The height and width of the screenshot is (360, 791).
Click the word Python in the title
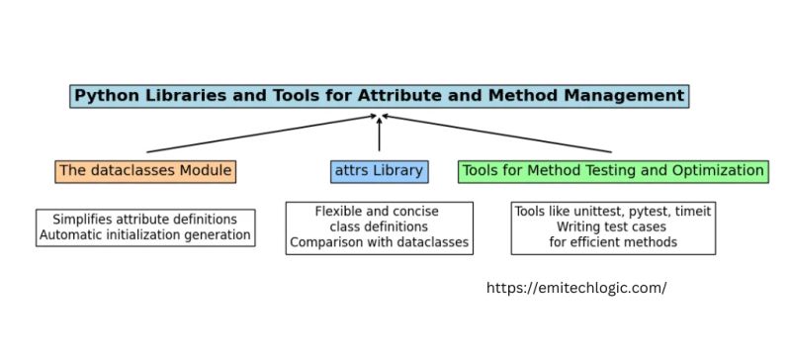[x=106, y=96]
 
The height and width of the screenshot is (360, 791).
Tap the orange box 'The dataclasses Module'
[x=145, y=171]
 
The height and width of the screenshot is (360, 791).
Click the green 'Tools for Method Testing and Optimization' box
[x=612, y=171]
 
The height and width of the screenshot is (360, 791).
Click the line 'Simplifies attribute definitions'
[x=144, y=220]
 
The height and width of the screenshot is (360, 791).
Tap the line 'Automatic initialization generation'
[x=144, y=236]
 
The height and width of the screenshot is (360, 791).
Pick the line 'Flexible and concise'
[x=377, y=212]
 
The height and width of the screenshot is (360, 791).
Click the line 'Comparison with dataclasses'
[x=377, y=242]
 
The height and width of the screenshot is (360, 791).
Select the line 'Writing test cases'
[x=613, y=227]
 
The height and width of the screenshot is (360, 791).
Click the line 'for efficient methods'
[x=613, y=242]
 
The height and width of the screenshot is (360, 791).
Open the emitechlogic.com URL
[x=577, y=288]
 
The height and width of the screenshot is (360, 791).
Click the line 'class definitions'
[x=377, y=227]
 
